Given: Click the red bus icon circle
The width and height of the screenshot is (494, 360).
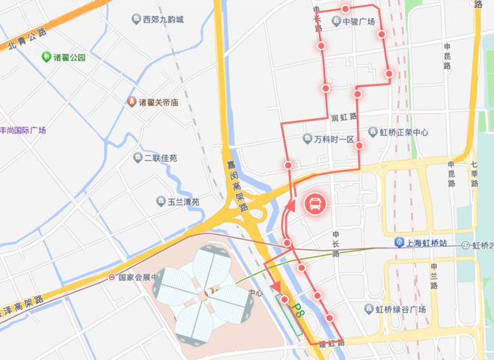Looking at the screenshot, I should coord(316,203).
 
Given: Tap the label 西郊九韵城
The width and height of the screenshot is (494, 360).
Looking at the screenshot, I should coord(168,19).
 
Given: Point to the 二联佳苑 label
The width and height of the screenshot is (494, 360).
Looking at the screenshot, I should coord(160,158).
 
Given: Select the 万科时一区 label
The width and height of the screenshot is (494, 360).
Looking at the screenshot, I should coord(333,139).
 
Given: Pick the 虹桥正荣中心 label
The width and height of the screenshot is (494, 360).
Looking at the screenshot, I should coord(403,132).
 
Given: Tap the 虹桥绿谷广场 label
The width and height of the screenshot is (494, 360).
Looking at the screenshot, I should coord(400,309).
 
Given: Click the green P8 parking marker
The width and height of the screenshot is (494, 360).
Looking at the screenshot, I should coord(294,310).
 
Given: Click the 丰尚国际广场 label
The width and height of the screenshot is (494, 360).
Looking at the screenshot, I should coord(22,130).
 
